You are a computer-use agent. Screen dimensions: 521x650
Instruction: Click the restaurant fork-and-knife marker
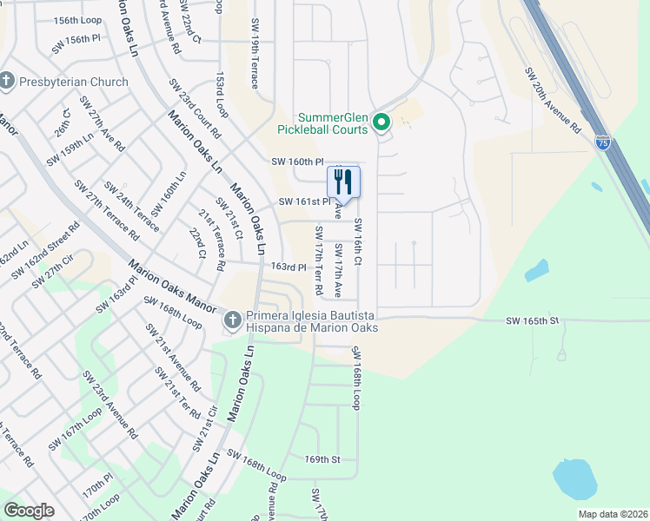point(343,182)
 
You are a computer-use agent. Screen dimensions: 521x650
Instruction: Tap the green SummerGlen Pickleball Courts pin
point(381,124)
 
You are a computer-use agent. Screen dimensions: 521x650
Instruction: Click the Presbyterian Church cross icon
point(7,82)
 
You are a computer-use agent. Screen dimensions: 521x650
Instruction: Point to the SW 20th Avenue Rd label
point(552,101)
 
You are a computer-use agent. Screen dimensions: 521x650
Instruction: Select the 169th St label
point(321,458)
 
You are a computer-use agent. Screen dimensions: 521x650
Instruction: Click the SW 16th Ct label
point(357,242)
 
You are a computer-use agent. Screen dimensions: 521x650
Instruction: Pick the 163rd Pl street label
point(289,267)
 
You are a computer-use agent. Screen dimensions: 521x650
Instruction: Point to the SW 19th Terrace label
point(255,54)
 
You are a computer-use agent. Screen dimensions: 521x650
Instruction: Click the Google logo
point(29,511)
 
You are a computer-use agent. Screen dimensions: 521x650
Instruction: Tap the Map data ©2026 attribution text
point(612,514)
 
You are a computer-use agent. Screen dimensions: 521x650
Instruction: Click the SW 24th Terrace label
point(130,207)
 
